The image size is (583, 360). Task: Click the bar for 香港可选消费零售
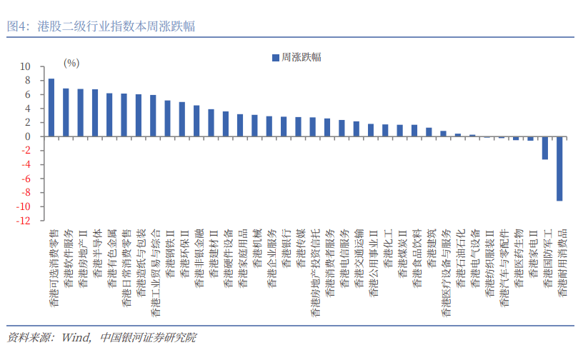(51, 108)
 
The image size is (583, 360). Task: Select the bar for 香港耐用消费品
(559, 169)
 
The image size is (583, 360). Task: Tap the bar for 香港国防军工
(545, 148)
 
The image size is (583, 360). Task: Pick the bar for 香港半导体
(95, 113)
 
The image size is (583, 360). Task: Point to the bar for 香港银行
(284, 127)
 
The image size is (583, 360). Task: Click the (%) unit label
(71, 63)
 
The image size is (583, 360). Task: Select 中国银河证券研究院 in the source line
(148, 336)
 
